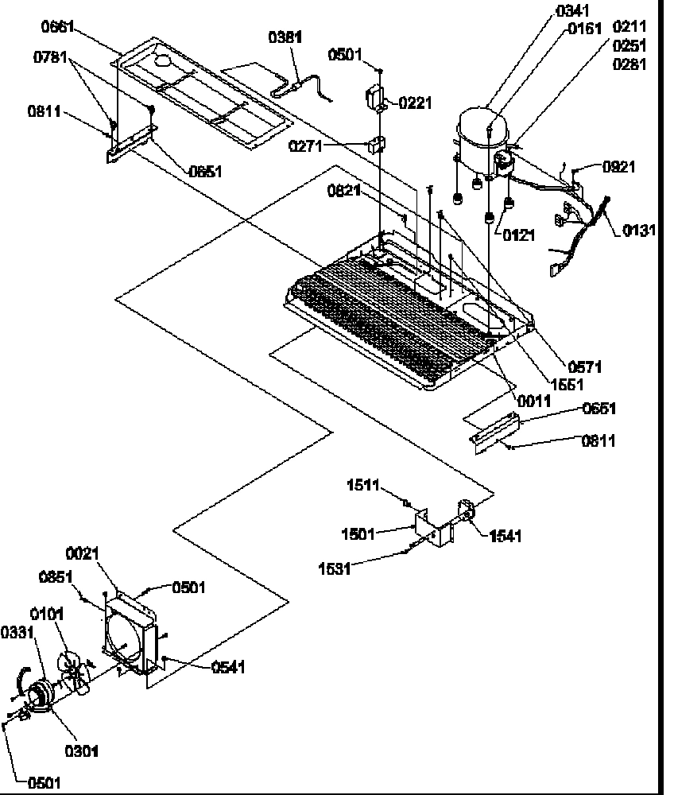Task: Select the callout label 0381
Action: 285,37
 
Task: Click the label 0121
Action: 517,235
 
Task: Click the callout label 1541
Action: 505,537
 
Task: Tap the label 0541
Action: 228,667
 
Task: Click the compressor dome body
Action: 482,134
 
